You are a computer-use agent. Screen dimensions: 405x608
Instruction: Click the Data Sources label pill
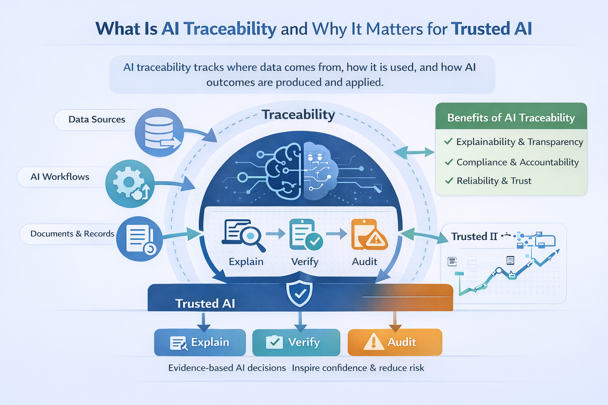tap(97, 119)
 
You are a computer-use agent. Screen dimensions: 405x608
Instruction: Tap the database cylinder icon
tap(159, 132)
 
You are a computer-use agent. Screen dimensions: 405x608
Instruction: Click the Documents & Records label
tap(72, 234)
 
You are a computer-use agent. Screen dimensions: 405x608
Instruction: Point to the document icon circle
tap(139, 239)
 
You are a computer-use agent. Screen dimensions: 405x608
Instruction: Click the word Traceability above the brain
tap(298, 115)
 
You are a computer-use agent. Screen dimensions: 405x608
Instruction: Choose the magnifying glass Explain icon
tap(244, 236)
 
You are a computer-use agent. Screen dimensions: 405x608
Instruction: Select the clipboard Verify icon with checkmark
tap(305, 235)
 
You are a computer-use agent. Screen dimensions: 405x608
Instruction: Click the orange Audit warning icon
tap(369, 235)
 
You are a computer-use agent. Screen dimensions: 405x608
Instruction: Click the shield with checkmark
tap(300, 293)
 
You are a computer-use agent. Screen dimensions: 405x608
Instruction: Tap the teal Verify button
tap(296, 342)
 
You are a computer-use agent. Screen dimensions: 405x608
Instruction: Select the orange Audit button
tap(395, 342)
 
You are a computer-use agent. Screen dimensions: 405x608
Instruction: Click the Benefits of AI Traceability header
tap(511, 118)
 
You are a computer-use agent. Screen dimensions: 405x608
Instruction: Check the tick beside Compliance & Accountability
tap(448, 162)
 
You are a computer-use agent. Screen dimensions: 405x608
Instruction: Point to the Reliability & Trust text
tap(494, 181)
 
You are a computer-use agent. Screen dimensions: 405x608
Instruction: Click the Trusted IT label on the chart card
tap(474, 237)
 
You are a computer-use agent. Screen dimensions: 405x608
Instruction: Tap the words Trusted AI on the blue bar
tap(205, 303)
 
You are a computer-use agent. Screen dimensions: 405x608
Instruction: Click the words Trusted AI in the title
tap(491, 29)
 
